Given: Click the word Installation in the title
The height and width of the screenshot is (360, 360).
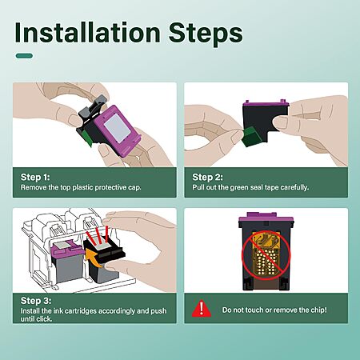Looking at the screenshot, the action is click(x=87, y=33).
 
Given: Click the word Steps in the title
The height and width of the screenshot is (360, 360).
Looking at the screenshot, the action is click(x=206, y=33).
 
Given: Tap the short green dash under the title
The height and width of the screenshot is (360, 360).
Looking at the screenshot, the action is click(x=24, y=56).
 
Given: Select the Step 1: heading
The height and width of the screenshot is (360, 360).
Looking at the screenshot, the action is click(x=35, y=178).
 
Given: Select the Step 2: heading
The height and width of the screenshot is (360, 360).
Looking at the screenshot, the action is click(x=207, y=178).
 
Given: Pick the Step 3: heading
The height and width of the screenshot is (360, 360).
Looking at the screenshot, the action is click(x=36, y=301).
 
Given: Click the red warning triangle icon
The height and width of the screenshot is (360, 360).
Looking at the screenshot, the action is click(x=202, y=308).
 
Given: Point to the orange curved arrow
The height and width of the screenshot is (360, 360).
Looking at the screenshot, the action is click(x=94, y=258).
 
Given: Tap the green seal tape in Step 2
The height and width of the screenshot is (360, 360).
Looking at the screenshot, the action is click(x=251, y=137).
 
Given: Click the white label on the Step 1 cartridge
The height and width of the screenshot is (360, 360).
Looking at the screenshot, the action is click(x=117, y=127).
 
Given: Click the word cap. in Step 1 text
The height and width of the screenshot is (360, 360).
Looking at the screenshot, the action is click(x=134, y=187).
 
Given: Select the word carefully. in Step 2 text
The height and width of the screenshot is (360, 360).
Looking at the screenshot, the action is click(x=294, y=187).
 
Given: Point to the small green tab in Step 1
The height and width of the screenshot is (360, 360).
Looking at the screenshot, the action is click(x=87, y=138).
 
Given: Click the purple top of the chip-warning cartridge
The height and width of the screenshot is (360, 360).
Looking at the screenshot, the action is click(x=266, y=218).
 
